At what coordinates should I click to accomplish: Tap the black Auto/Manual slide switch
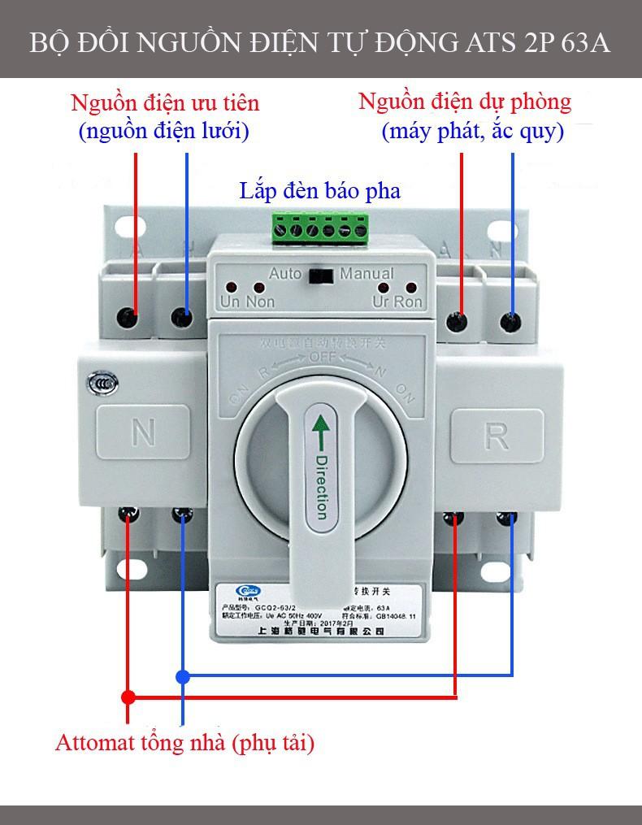point(321,276)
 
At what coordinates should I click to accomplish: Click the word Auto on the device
point(285,274)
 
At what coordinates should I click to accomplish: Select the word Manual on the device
point(367,274)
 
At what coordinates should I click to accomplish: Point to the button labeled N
point(143,433)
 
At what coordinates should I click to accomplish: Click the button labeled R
point(497,436)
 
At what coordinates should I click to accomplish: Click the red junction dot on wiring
point(128,697)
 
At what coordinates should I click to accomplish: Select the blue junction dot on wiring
point(183,675)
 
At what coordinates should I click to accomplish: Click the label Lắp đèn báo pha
point(319,191)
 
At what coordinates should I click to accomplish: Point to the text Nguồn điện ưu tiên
point(165,103)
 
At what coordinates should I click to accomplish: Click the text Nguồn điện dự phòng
point(464,102)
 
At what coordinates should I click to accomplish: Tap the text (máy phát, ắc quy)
point(472,131)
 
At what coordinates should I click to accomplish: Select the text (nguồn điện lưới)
point(163,131)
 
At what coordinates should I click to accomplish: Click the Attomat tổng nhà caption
point(184,742)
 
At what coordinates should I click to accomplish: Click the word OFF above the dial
point(321,358)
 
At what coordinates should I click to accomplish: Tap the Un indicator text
point(230,302)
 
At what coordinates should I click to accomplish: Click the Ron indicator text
point(409,302)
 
